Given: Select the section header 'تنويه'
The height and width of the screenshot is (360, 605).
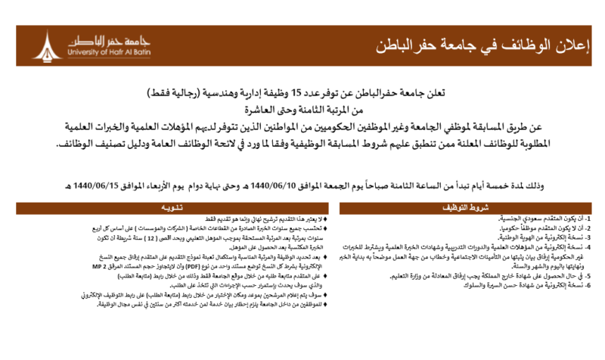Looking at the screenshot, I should (163, 206).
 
